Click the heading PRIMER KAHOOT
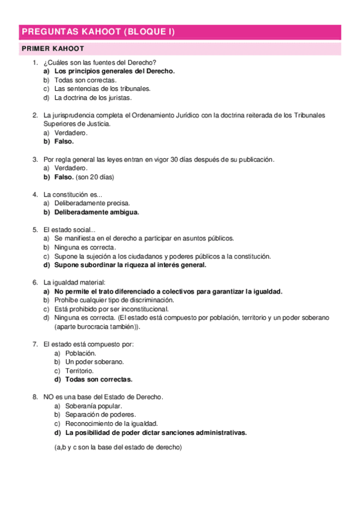coord(52,49)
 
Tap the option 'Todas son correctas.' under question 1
coord(85,80)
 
